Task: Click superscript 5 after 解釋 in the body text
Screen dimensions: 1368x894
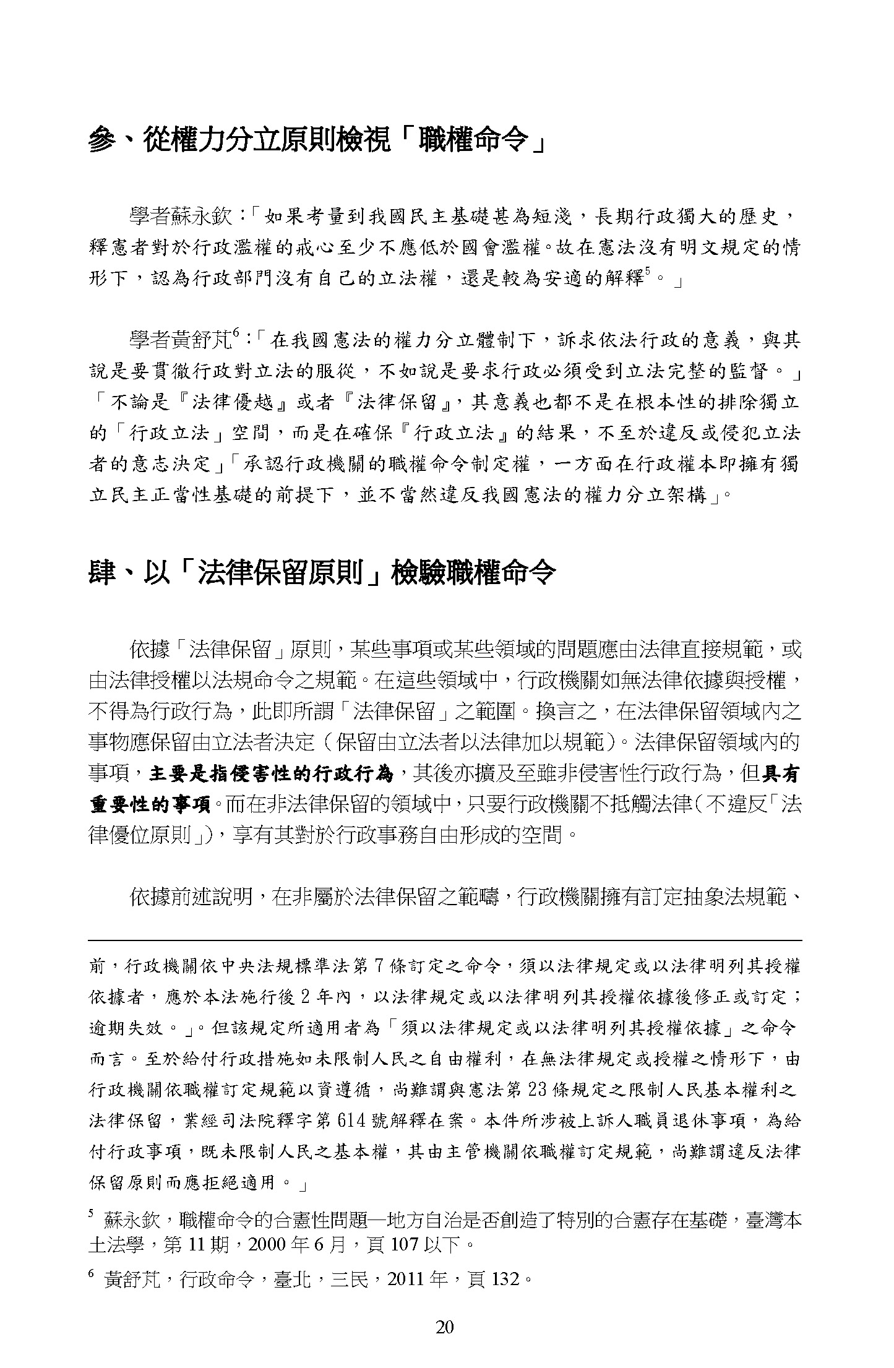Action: [x=648, y=273]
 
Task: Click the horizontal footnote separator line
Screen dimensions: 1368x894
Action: [x=445, y=940]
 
